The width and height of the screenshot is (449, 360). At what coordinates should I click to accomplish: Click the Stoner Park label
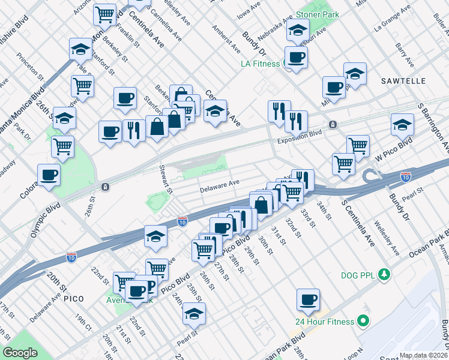(x=318, y=14)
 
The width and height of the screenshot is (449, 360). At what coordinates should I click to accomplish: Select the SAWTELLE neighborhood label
(x=403, y=80)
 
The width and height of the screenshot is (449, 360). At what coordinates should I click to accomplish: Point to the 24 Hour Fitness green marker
(x=363, y=322)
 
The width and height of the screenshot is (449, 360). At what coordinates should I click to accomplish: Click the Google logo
(x=20, y=353)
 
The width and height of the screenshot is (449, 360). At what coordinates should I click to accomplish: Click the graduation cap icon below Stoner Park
(x=297, y=30)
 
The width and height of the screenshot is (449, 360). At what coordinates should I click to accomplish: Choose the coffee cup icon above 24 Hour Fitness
(x=308, y=299)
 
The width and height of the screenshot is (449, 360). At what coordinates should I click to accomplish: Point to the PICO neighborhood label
(x=73, y=298)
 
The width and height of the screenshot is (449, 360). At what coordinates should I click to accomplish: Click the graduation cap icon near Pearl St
(x=194, y=313)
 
